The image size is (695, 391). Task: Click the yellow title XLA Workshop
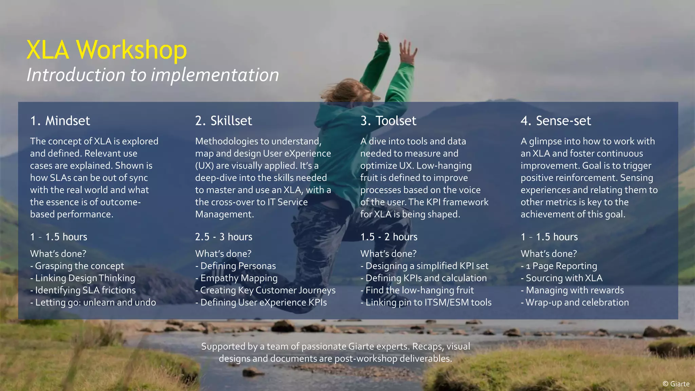coord(107,50)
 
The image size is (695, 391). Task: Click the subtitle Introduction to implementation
coord(153,75)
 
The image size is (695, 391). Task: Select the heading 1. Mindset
coord(60,121)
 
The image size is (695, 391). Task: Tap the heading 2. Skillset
coord(224,121)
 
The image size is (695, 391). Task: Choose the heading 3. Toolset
coord(388,121)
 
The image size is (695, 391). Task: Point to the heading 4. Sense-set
coord(556,121)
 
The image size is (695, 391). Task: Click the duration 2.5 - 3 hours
coord(224,237)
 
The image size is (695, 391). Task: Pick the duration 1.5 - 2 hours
coord(389,237)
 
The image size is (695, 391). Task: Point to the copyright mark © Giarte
coord(676,384)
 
